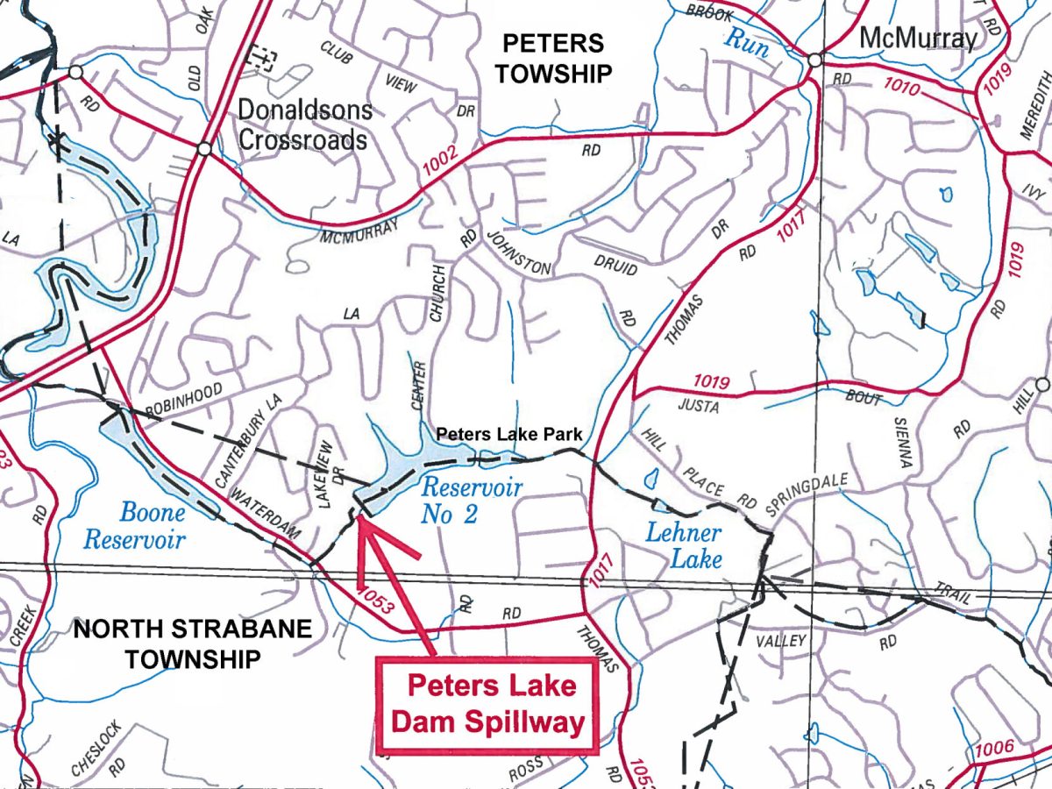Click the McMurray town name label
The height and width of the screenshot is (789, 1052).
(x=917, y=39)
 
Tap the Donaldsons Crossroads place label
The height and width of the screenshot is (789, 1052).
(x=305, y=124)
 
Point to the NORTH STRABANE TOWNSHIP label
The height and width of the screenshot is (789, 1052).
(x=192, y=643)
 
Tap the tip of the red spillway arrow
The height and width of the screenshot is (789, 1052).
(x=360, y=521)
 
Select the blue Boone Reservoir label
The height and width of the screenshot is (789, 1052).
(x=134, y=525)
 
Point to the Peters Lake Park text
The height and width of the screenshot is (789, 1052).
(x=509, y=434)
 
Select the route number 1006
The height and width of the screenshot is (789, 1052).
(x=992, y=748)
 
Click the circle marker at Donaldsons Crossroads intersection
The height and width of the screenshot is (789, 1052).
(x=204, y=150)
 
